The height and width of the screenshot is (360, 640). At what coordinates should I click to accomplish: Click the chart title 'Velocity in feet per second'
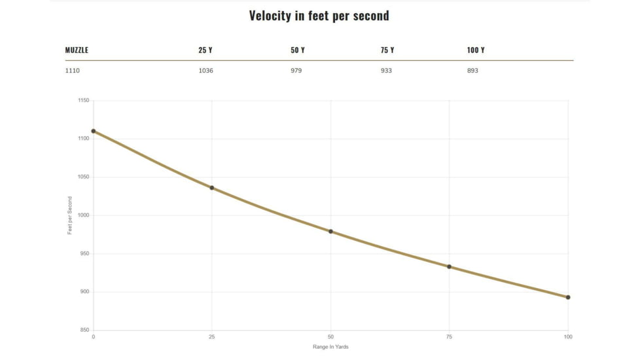tap(319, 16)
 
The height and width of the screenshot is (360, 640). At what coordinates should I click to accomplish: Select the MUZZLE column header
tap(77, 50)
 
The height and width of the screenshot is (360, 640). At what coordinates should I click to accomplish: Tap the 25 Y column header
tap(205, 50)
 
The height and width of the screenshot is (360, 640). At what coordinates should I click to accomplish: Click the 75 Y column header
tap(387, 50)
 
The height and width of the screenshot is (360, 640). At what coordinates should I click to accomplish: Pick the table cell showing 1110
tap(72, 71)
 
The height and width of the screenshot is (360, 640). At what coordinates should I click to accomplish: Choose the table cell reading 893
tap(472, 71)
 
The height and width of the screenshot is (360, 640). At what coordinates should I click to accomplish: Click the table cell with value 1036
tap(205, 71)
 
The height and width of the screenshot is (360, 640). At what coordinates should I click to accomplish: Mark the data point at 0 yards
tap(94, 131)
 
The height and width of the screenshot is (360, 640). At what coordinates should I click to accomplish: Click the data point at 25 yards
tap(212, 188)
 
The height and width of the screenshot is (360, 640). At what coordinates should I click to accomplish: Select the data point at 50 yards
tap(330, 231)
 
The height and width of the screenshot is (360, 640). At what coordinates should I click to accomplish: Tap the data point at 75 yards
tap(449, 266)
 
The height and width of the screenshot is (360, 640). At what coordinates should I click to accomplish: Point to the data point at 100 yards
tap(568, 297)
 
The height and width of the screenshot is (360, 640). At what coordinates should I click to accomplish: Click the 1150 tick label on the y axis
tap(83, 101)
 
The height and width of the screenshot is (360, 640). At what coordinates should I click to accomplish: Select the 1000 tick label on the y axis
tap(83, 215)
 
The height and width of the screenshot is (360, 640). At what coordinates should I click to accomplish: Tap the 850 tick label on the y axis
tap(84, 330)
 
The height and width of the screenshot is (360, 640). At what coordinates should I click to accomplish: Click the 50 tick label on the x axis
tap(330, 336)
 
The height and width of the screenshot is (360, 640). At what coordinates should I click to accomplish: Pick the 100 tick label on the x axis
tap(568, 336)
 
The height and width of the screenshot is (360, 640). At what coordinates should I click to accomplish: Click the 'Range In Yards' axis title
tap(330, 347)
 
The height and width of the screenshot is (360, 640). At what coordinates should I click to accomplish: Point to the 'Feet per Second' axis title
tap(70, 215)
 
